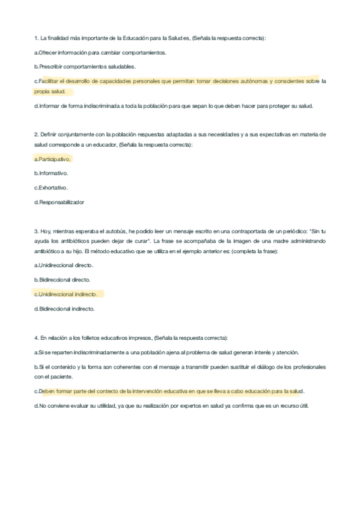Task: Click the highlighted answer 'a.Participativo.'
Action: tap(52, 159)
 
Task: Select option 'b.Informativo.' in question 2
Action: tap(51, 173)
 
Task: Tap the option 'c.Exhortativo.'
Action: tap(51, 188)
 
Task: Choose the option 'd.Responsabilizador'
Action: tap(59, 202)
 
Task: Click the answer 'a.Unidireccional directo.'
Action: tap(64, 265)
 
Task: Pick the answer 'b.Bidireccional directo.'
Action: tap(63, 279)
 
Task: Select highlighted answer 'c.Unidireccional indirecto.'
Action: tap(66, 294)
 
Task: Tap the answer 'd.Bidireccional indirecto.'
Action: tap(65, 309)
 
